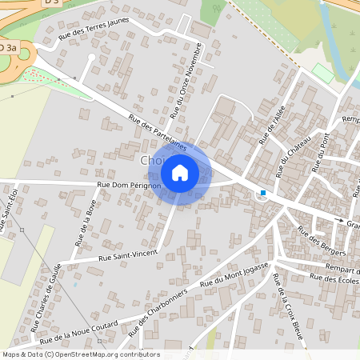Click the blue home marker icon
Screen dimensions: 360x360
point(180,172)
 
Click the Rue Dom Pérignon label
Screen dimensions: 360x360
point(129,186)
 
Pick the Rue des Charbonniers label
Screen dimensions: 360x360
point(163,307)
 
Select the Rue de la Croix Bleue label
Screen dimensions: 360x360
point(289,305)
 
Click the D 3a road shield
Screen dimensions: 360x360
point(8,49)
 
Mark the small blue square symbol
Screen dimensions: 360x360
point(263,192)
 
